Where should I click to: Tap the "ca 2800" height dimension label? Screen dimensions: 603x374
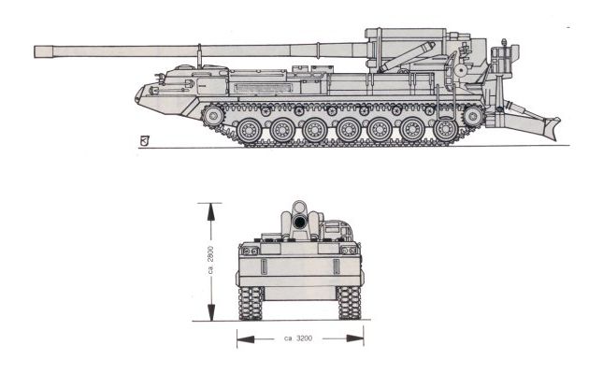pyautogui.click(x=210, y=260)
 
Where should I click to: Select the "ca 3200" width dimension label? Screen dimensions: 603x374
pyautogui.click(x=298, y=338)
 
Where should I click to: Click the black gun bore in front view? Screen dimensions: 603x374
pyautogui.click(x=299, y=222)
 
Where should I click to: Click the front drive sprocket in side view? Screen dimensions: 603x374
pyautogui.click(x=213, y=115)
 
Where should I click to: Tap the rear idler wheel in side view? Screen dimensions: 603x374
pyautogui.click(x=473, y=115)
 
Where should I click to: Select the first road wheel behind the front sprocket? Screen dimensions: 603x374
pyautogui.click(x=250, y=131)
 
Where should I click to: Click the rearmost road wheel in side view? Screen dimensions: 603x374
pyautogui.click(x=445, y=131)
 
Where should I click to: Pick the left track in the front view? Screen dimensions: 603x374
pyautogui.click(x=251, y=303)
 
